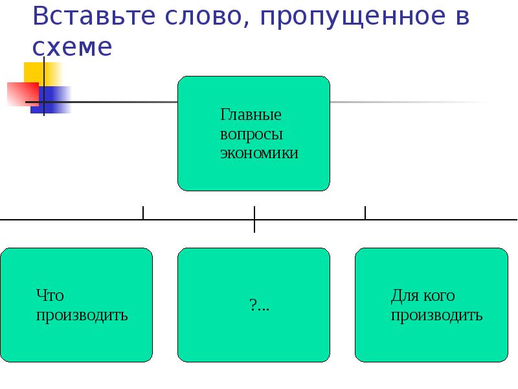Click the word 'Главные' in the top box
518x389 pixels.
pos(251,117)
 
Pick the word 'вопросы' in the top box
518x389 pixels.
pos(251,136)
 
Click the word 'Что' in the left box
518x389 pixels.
pos(50,296)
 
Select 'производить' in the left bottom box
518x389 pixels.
pos(82,316)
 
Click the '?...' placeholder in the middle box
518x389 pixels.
pos(259,305)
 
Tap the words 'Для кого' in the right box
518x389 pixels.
pos(423,296)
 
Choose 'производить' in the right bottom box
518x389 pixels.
pos(436,316)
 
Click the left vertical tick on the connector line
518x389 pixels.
pos(143,213)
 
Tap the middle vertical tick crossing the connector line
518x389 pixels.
pos(254,219)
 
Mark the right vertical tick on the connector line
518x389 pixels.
pos(365,213)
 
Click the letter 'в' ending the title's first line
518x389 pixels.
pos(462,18)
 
